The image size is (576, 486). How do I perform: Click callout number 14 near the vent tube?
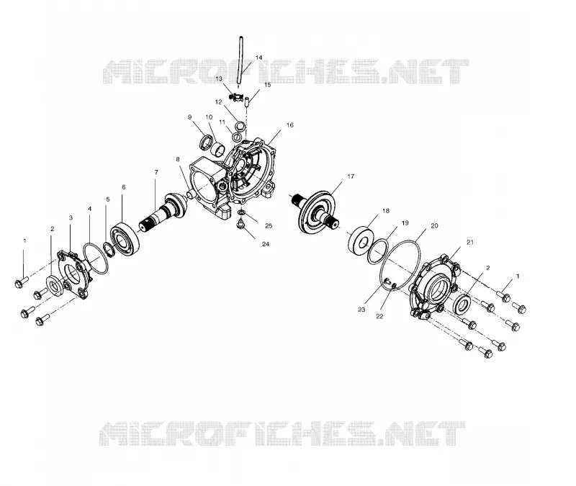coord(258,58)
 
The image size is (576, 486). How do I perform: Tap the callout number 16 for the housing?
coord(290,125)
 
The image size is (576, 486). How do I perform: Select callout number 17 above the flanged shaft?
coord(351,176)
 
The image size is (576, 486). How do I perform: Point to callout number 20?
coord(434,226)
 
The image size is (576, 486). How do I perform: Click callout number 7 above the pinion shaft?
coord(156,172)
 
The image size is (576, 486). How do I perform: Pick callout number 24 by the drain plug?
coord(265,244)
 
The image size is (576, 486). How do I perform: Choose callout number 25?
coord(269,226)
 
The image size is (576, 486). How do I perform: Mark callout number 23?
coord(361,310)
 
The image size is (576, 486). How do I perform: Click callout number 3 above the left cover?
coord(71,218)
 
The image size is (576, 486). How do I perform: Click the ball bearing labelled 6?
coord(125,239)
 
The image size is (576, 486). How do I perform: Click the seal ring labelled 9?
coord(206,143)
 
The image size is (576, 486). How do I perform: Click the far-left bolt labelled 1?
coord(22,282)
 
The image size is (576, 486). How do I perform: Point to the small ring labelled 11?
coord(236,137)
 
